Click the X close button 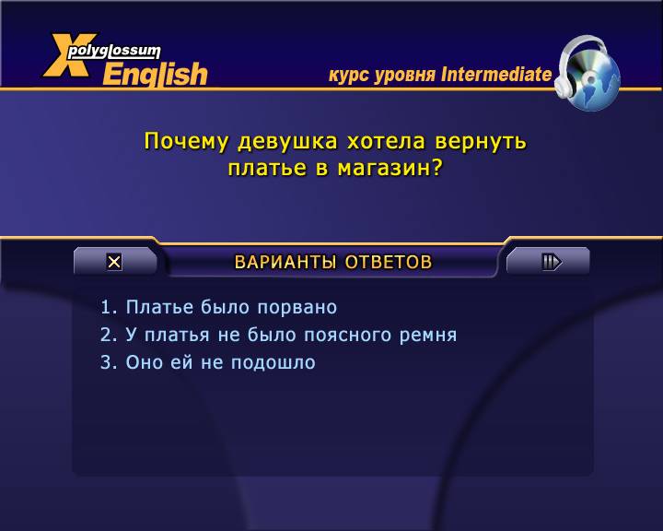coord(114,262)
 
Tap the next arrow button coord(552,262)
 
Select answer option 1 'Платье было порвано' coord(218,307)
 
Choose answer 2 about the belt coord(278,335)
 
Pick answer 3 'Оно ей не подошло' coord(207,362)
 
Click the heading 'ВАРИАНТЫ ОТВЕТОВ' coord(333,262)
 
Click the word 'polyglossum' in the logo coord(114,52)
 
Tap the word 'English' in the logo coord(156,75)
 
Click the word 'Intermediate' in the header coord(496,74)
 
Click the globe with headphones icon coord(587,73)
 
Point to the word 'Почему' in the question coord(186,141)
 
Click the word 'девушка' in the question coord(287,141)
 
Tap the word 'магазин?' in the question coord(390,169)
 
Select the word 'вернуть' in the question coord(481,141)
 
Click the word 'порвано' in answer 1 coord(297,308)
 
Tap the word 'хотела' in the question coord(386,141)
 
